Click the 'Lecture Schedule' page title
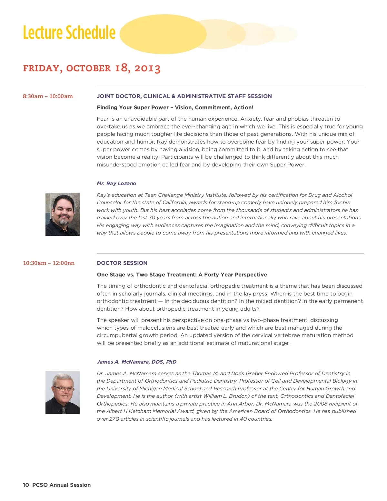tap(69, 33)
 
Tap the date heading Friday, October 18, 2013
tap(92, 68)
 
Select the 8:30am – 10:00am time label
tap(48, 96)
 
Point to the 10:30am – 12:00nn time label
tap(49, 263)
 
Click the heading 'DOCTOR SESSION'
tap(122, 263)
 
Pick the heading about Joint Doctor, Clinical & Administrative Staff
tap(184, 96)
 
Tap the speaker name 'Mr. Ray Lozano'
tap(116, 183)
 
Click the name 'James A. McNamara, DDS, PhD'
tap(136, 362)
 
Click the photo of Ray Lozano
tap(63, 214)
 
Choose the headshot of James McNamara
tap(63, 392)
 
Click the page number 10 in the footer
tap(26, 485)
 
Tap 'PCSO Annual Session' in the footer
tap(61, 485)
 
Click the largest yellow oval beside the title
tap(163, 34)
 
